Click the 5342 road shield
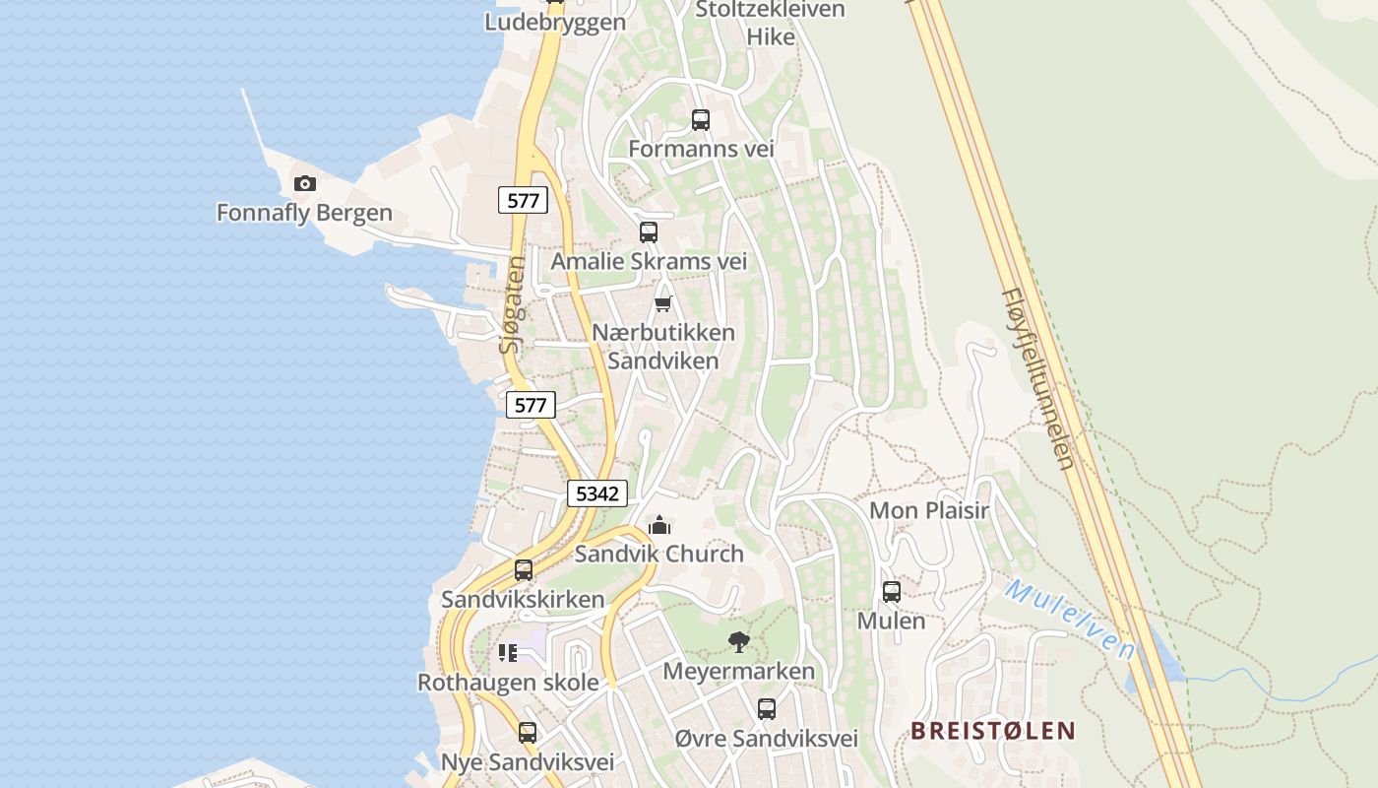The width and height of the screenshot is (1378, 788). tap(597, 493)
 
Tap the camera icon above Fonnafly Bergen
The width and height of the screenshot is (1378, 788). tap(305, 183)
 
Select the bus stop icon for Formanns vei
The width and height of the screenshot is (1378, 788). tap(701, 120)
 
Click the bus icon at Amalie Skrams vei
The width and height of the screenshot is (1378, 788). tap(649, 232)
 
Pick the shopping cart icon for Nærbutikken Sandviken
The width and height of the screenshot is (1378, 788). tap(663, 303)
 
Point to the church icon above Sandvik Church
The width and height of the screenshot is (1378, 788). tap(659, 525)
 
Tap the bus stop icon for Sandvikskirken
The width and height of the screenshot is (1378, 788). tap(524, 570)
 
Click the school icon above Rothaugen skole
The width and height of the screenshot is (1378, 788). tap(508, 653)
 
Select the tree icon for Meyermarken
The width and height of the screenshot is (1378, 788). tap(739, 642)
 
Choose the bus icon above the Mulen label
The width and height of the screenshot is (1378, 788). tap(892, 592)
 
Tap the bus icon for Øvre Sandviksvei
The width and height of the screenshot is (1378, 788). tap(767, 708)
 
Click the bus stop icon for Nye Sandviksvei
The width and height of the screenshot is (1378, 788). tap(528, 733)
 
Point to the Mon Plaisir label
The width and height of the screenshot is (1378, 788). tap(929, 510)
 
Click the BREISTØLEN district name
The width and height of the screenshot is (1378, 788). tap(992, 731)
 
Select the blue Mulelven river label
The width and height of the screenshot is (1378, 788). tap(1070, 619)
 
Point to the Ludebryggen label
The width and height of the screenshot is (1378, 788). tap(555, 22)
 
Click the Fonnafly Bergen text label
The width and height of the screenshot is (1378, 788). tap(304, 213)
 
